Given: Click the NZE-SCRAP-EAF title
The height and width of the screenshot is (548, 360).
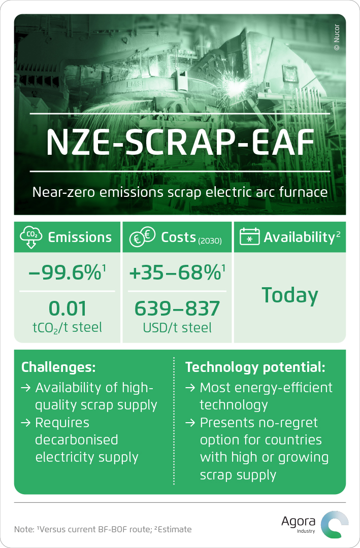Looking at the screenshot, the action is click(180, 143).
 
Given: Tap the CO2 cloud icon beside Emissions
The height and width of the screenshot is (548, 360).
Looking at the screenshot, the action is click(31, 236).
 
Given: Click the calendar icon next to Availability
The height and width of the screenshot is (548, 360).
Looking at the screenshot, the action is click(249, 236).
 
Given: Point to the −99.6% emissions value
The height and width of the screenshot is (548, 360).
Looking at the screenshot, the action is click(67, 272).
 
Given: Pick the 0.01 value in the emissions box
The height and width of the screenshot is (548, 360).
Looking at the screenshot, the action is click(67, 309).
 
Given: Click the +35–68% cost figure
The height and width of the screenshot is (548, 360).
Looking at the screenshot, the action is click(177, 272).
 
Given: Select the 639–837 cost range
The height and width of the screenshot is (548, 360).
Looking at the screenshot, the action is click(177, 309).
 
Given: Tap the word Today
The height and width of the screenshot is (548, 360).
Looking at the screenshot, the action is click(290, 295).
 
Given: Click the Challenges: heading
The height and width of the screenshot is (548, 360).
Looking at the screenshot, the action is click(58, 367).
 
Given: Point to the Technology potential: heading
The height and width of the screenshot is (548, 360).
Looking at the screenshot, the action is click(255, 367).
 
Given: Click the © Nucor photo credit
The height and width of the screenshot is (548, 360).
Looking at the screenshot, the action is click(337, 38).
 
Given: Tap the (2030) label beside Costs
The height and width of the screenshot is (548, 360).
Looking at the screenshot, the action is click(210, 241).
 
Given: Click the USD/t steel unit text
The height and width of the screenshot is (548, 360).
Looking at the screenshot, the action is click(177, 328).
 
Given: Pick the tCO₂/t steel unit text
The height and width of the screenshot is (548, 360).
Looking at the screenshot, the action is click(67, 328).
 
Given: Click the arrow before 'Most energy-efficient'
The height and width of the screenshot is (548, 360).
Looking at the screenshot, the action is click(190, 388).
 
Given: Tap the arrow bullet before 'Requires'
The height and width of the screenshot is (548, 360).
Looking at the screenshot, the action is click(26, 423).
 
